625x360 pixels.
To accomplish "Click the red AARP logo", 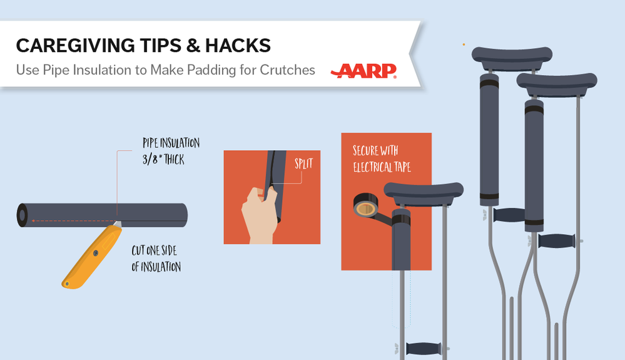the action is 363,71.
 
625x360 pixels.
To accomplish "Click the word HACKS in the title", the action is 238,46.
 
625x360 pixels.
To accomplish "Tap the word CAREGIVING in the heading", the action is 76,46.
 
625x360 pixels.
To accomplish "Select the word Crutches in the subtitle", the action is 287,69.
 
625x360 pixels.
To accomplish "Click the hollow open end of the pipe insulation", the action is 23,215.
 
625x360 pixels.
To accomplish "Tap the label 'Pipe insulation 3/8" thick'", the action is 171,151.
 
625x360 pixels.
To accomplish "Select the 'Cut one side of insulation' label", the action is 156,259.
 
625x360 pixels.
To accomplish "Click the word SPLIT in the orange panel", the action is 303,163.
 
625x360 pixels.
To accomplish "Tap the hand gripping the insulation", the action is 260,215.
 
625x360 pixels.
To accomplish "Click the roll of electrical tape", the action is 365,205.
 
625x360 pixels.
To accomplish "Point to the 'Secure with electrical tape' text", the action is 382,158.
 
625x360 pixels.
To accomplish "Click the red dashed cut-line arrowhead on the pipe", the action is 34,220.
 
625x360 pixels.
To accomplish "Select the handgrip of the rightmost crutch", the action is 556,241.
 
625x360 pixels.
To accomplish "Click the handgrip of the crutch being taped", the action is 424,349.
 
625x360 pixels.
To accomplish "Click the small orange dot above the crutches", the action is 464,44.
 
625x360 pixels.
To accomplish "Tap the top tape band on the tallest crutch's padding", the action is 489,84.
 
